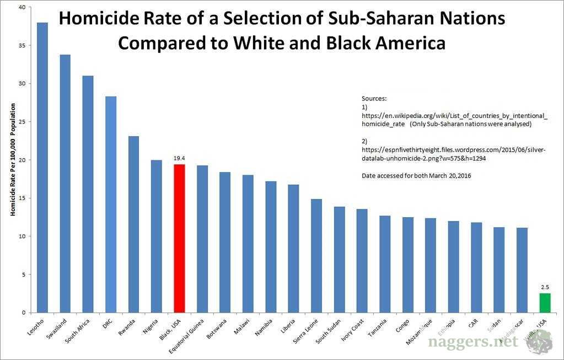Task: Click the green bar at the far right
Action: (545, 303)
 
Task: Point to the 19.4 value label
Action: (179, 158)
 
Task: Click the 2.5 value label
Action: (545, 287)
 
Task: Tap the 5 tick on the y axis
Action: (23, 275)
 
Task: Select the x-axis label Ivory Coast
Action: (351, 331)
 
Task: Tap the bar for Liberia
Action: (293, 248)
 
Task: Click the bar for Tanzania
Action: (385, 264)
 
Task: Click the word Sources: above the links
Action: (374, 98)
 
